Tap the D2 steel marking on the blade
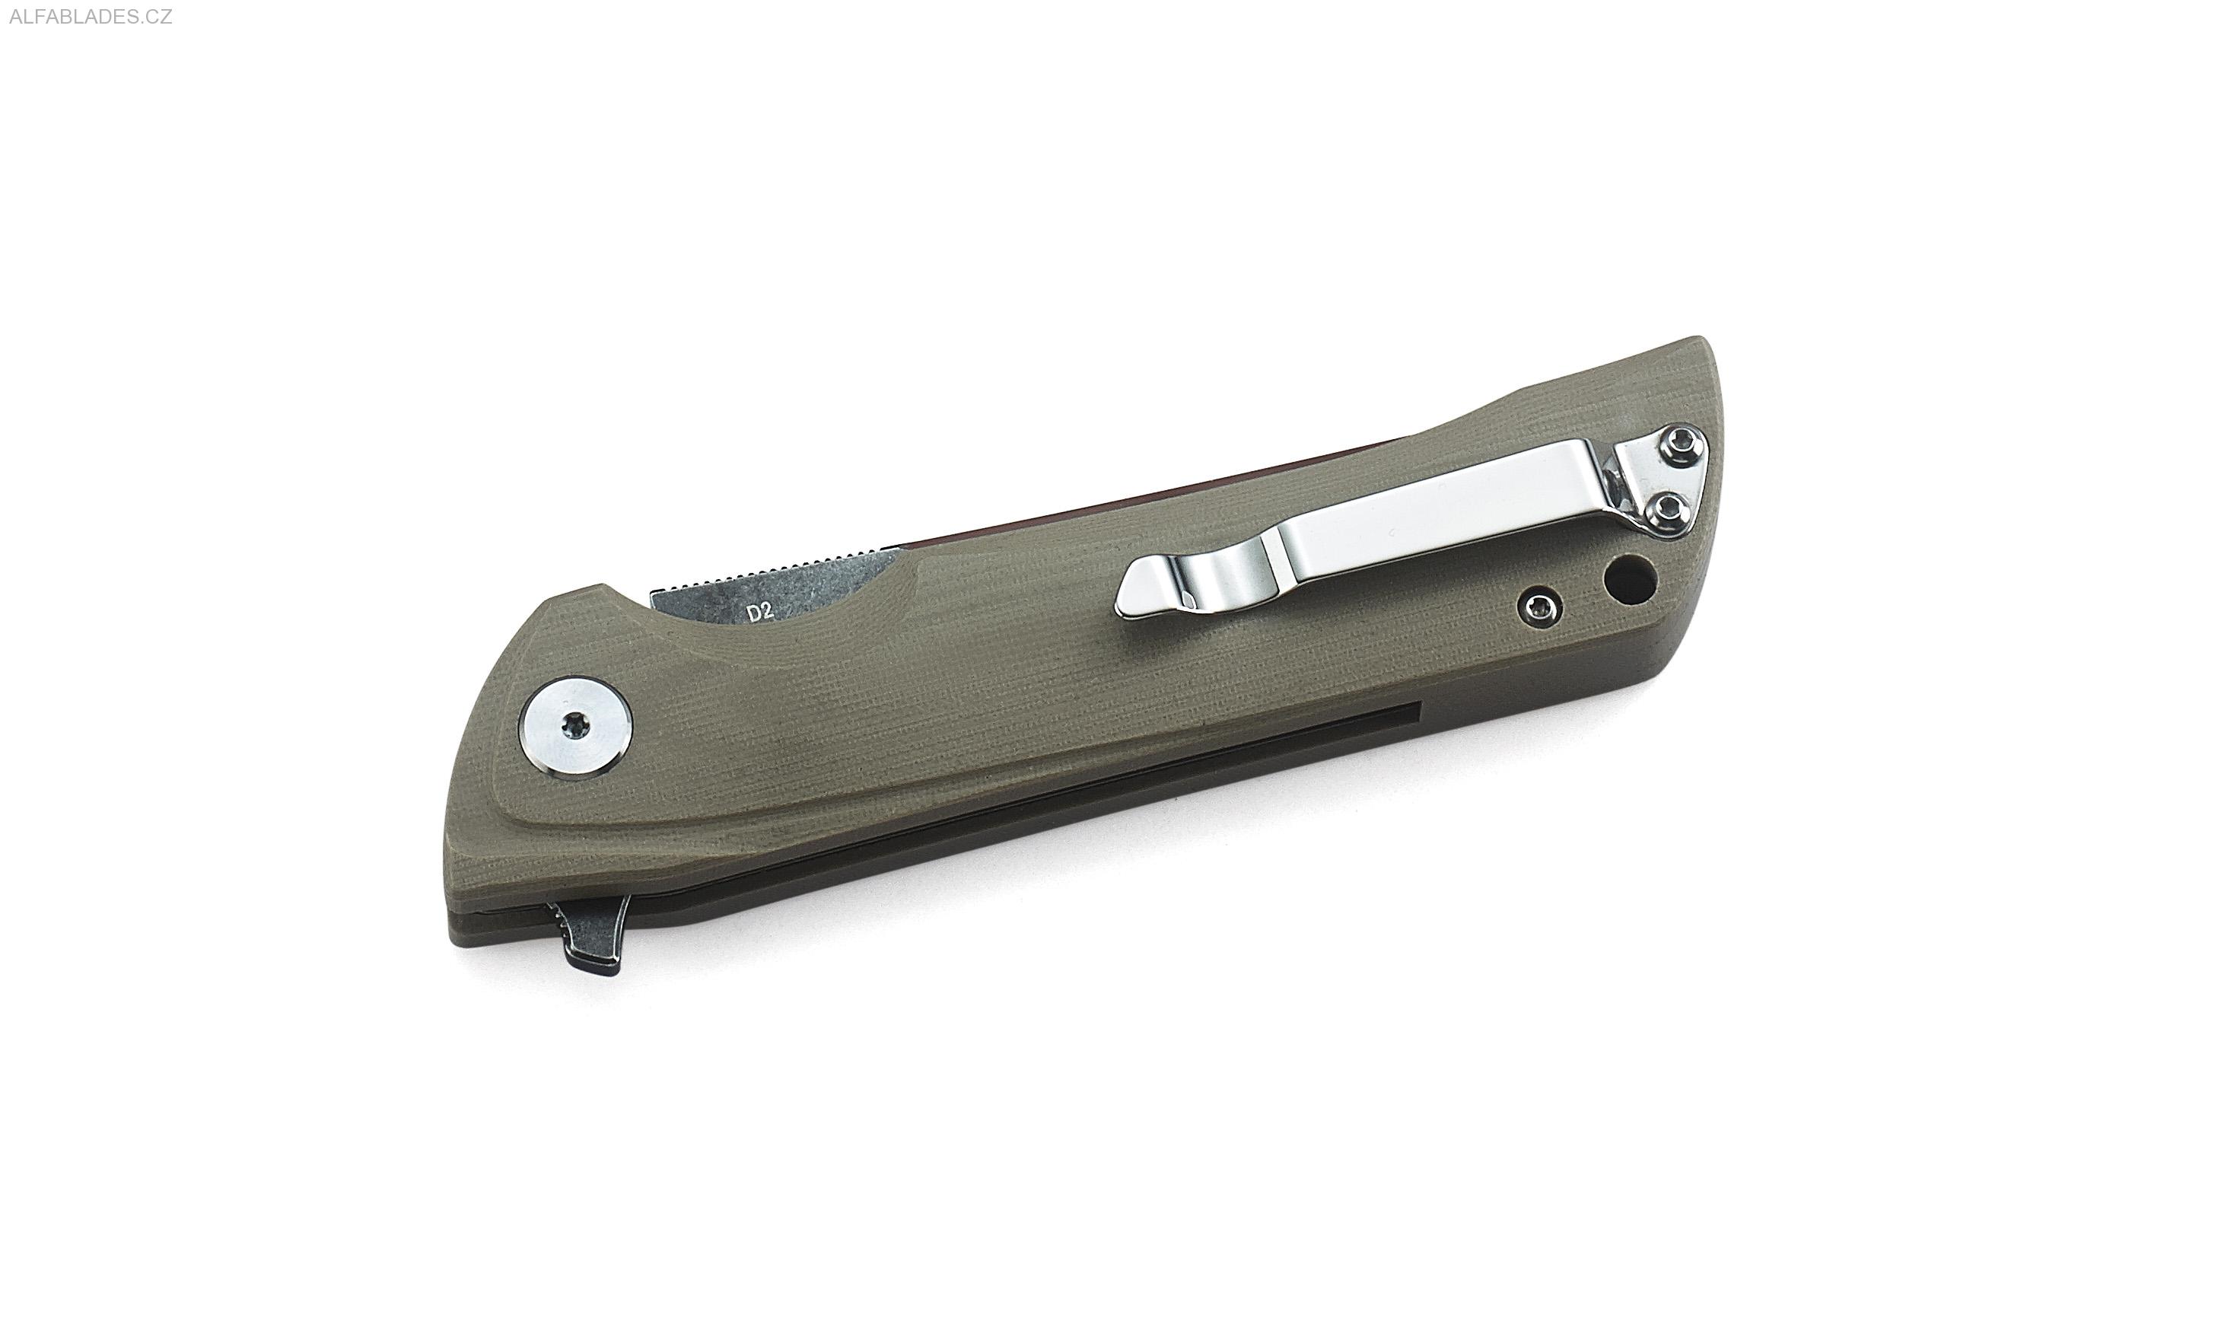pyautogui.click(x=760, y=613)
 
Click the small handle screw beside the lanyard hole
pyautogui.click(x=1540, y=607)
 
